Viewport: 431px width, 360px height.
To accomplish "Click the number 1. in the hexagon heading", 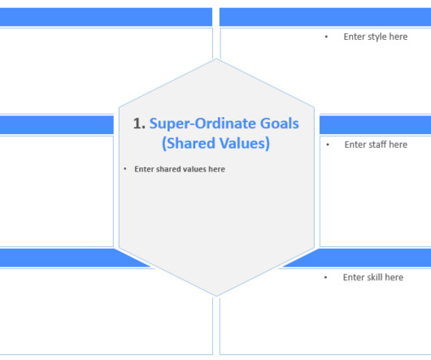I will tap(139, 124).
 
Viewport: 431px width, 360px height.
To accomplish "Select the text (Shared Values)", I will tap(215, 144).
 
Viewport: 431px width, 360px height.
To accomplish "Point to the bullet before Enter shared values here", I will tap(125, 169).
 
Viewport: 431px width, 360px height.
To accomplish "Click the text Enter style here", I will tap(376, 37).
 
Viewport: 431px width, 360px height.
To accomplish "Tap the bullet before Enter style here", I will tap(326, 37).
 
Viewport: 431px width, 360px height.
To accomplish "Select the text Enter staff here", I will tap(376, 145).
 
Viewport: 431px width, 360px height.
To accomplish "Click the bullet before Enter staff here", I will tap(328, 145).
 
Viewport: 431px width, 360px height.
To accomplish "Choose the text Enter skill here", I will tap(373, 277).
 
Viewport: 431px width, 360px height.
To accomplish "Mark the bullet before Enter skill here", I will tap(325, 277).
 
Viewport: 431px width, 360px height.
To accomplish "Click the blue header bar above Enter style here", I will tap(325, 17).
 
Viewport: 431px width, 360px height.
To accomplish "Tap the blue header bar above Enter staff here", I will tap(374, 124).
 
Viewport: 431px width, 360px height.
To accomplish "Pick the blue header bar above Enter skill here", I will tap(366, 258).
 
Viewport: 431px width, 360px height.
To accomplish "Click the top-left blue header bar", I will tap(106, 17).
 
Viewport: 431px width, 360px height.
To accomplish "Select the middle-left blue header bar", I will tap(56, 124).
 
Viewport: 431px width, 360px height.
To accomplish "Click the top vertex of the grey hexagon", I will tap(216, 59).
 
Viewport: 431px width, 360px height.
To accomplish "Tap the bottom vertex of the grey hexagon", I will tap(216, 296).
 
